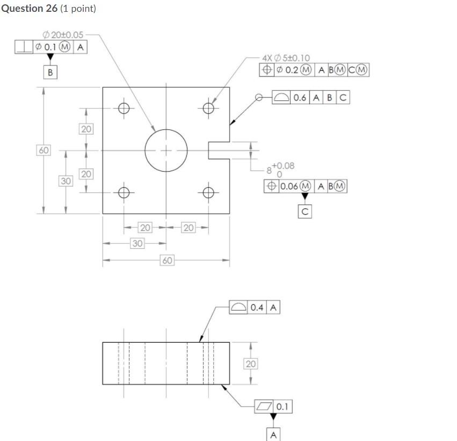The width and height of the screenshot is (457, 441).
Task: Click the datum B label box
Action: click(50, 72)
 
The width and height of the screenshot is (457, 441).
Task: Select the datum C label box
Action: click(304, 211)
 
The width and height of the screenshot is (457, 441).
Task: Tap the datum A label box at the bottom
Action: click(273, 434)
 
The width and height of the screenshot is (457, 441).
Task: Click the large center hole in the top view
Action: click(166, 150)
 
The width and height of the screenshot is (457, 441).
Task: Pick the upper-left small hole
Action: click(124, 108)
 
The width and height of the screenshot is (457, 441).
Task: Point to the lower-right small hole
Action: click(208, 193)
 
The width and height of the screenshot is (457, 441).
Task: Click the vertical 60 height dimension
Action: click(43, 150)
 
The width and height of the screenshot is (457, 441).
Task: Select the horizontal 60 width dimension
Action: click(167, 261)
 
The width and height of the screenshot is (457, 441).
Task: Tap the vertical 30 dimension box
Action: click(66, 181)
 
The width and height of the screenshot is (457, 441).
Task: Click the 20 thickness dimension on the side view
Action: click(251, 364)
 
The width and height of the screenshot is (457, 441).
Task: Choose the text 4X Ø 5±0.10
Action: click(286, 57)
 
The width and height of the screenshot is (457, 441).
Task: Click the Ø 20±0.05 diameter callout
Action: click(63, 35)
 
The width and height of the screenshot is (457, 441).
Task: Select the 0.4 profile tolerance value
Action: click(257, 307)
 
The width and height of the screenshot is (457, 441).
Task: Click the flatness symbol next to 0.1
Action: click(264, 407)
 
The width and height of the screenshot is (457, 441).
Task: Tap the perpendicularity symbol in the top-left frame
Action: click(24, 47)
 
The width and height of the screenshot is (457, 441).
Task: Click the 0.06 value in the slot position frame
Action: click(288, 186)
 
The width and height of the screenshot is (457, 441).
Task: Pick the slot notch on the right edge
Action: click(218, 151)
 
